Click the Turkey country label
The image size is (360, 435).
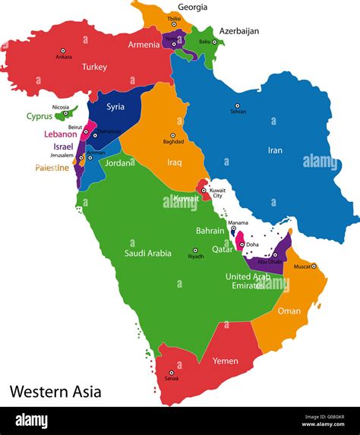[x=95, y=67]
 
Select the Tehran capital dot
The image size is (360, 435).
[x=237, y=106]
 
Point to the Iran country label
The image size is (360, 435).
[x=274, y=150]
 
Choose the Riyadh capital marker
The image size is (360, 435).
[x=195, y=251]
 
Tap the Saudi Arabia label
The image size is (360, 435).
[x=149, y=253]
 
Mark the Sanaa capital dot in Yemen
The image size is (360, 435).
[x=172, y=374]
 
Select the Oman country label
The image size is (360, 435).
[x=289, y=310]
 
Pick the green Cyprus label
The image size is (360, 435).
[x=39, y=117]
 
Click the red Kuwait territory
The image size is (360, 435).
[x=204, y=189]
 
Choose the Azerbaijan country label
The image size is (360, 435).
[x=239, y=31]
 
